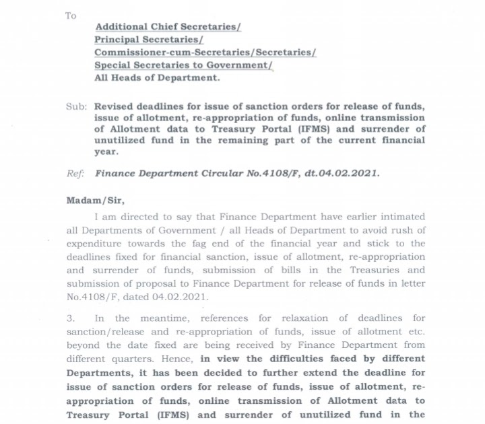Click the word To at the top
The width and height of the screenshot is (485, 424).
coord(71,15)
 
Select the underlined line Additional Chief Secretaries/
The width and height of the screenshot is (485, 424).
coord(168,28)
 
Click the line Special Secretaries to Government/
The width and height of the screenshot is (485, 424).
coord(183,65)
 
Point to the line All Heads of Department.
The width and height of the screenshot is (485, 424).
coord(157,78)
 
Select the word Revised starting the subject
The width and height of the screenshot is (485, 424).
coord(115,106)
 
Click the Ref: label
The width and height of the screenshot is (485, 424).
coord(75,173)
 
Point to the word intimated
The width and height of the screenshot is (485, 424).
coord(401,217)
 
